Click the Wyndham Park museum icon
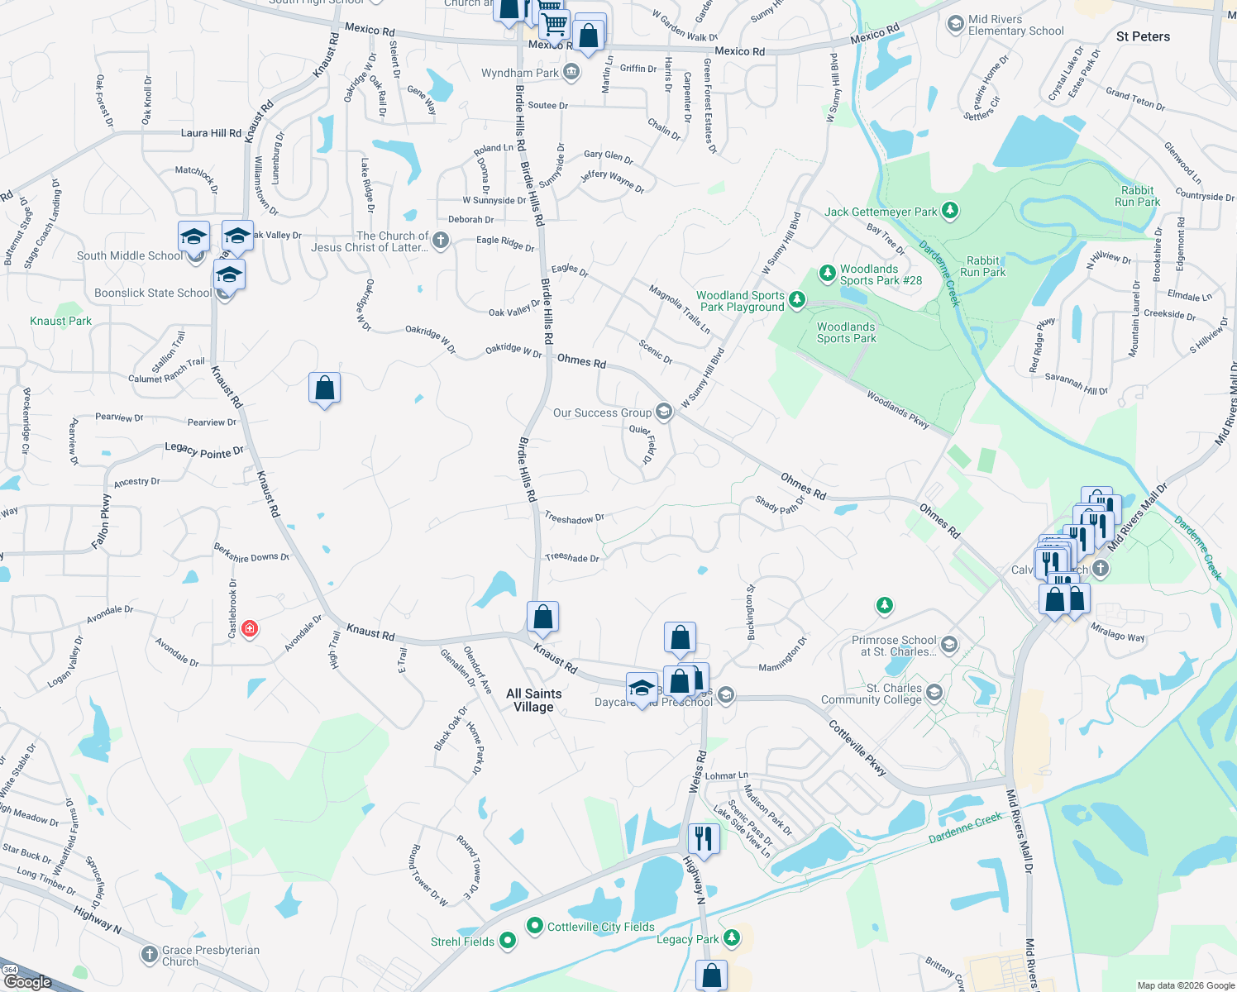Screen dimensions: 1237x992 pos(571,73)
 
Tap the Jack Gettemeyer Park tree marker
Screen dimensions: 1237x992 pos(950,212)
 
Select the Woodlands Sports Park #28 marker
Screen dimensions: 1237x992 pos(827,273)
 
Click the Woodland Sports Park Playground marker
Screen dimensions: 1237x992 pos(796,299)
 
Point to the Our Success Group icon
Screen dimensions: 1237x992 pos(663,412)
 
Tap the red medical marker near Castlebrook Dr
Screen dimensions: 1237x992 pos(250,629)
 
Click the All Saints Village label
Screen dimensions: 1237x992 pos(533,700)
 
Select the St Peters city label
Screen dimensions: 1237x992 pos(1143,36)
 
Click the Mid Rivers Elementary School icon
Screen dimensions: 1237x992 pos(955,23)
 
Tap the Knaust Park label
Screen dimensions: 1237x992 pos(60,321)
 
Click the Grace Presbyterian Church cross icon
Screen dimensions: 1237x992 pos(149,956)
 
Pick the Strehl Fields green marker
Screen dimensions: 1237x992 pos(508,941)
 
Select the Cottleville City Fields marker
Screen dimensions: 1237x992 pos(534,926)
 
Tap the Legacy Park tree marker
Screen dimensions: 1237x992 pos(731,937)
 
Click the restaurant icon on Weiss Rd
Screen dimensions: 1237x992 pos(703,837)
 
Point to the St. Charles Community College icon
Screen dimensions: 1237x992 pos(934,692)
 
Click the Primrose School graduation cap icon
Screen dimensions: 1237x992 pos(949,644)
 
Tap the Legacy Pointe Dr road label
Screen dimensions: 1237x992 pos(204,451)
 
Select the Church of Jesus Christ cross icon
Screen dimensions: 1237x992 pos(441,241)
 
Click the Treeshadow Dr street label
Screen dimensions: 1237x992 pos(574,519)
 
